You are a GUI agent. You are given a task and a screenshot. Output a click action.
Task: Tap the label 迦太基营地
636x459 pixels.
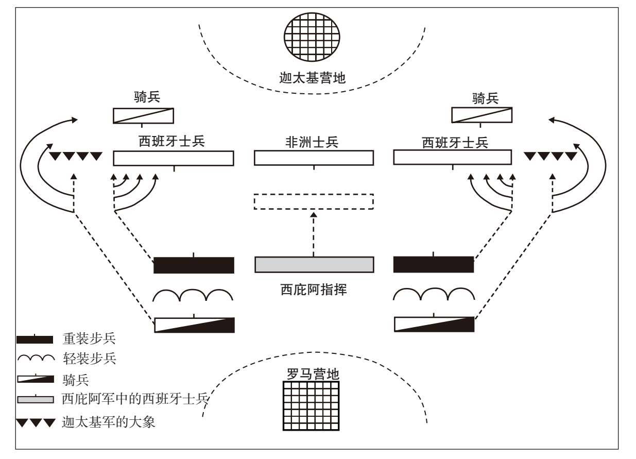(312, 78)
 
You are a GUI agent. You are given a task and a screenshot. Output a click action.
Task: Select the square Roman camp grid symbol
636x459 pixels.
(312, 405)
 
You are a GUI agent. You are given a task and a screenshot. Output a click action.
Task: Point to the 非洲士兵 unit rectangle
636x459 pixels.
(314, 158)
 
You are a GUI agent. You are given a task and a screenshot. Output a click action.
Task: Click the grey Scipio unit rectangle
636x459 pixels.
(314, 264)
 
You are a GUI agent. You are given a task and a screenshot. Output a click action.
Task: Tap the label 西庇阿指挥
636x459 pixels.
(314, 290)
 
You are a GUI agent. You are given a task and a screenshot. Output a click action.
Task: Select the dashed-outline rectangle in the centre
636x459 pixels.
(314, 201)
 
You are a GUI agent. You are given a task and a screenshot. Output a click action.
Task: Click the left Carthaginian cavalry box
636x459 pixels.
(143, 116)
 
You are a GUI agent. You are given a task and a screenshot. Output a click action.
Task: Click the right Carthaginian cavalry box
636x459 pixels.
(482, 115)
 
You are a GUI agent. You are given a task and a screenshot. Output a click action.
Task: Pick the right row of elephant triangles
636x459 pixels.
(550, 156)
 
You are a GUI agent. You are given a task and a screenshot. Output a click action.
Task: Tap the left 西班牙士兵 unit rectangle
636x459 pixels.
(173, 158)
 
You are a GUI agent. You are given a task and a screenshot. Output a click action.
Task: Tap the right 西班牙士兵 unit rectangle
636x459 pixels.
(452, 158)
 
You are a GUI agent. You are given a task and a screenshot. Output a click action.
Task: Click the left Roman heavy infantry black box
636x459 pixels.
(194, 265)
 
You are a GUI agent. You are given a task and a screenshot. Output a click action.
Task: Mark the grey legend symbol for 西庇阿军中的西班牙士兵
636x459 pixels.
(35, 400)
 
